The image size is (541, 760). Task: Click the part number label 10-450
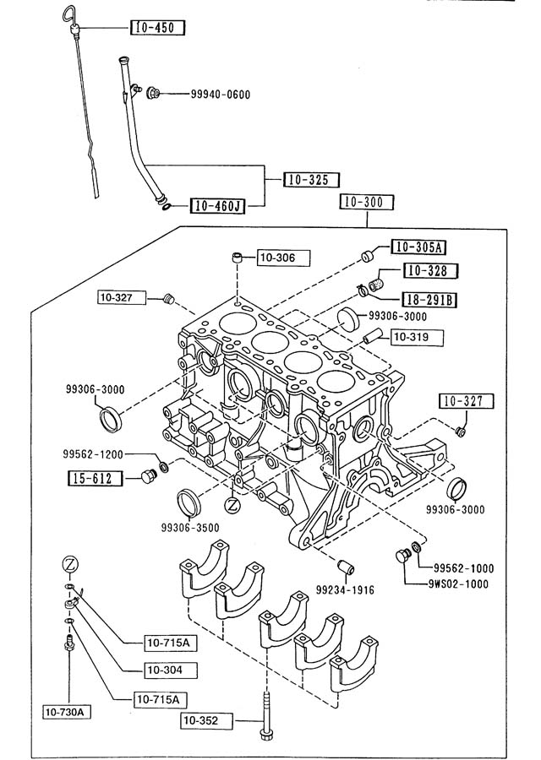click(158, 28)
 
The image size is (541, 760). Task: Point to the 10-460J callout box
click(216, 205)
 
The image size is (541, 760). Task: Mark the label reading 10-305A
click(418, 247)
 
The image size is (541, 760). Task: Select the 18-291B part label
click(429, 300)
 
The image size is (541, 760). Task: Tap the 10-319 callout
click(415, 338)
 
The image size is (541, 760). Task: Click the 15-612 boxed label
click(95, 478)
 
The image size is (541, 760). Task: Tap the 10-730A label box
click(68, 712)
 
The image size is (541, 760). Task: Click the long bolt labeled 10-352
click(267, 717)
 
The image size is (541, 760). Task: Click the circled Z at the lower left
click(71, 564)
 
